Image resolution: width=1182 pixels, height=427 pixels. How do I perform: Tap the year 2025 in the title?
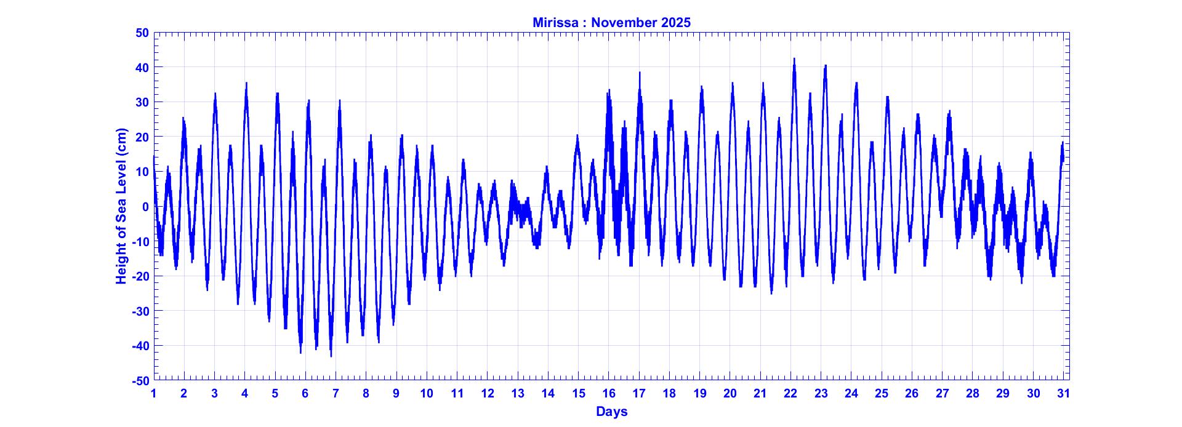click(676, 23)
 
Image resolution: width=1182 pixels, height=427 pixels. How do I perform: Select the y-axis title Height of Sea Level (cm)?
click(121, 206)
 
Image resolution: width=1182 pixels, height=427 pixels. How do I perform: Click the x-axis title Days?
click(611, 412)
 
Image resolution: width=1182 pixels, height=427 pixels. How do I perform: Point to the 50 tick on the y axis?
click(142, 33)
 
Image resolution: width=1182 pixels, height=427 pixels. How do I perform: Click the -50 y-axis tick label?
click(140, 381)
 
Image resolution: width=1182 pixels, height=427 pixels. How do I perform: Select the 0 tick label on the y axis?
click(145, 207)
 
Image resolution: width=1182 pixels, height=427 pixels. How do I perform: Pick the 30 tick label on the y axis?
click(142, 102)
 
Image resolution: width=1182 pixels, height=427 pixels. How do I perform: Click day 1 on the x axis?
click(154, 394)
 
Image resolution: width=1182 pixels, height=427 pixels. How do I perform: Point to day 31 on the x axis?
click(1064, 394)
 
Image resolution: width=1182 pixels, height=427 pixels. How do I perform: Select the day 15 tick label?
click(579, 394)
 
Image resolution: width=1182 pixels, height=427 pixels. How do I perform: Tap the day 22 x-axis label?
click(790, 394)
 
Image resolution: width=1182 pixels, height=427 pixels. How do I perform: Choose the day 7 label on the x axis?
click(336, 394)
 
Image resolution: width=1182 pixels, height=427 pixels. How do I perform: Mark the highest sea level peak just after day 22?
click(794, 60)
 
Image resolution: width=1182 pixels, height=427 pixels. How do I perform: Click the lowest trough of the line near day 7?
click(331, 355)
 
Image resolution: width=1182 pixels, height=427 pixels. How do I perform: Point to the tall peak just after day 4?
click(246, 84)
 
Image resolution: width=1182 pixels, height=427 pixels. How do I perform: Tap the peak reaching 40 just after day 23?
click(825, 66)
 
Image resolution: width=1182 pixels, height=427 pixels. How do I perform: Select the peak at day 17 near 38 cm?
click(640, 73)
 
